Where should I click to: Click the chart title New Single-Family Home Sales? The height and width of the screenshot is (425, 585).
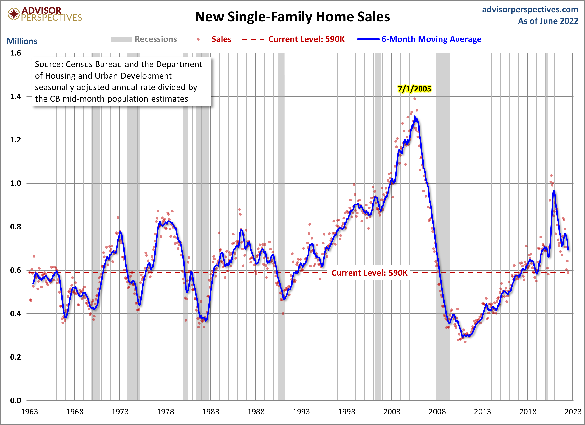pyautogui.click(x=292, y=17)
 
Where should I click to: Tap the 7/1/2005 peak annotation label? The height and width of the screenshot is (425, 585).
pyautogui.click(x=414, y=89)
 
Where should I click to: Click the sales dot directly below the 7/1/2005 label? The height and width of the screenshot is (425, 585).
pyautogui.click(x=414, y=99)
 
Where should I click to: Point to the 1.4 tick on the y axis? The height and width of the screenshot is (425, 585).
pyautogui.click(x=16, y=97)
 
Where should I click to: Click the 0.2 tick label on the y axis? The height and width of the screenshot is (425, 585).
pyautogui.click(x=16, y=357)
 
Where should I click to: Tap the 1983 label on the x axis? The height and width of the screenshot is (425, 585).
pyautogui.click(x=211, y=412)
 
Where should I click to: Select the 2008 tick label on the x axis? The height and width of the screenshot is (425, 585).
pyautogui.click(x=437, y=412)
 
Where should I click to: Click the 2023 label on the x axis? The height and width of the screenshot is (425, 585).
pyautogui.click(x=573, y=412)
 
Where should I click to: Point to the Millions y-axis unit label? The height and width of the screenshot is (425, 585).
pyautogui.click(x=22, y=41)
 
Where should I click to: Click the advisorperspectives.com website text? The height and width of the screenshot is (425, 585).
pyautogui.click(x=530, y=10)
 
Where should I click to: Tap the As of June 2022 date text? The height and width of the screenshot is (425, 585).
pyautogui.click(x=548, y=21)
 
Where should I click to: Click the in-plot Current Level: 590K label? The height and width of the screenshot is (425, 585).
pyautogui.click(x=369, y=273)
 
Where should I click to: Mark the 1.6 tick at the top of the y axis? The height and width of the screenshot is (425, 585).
pyautogui.click(x=16, y=53)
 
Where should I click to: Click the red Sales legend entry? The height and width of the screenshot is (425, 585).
pyautogui.click(x=221, y=39)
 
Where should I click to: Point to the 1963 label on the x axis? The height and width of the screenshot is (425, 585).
pyautogui.click(x=29, y=412)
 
